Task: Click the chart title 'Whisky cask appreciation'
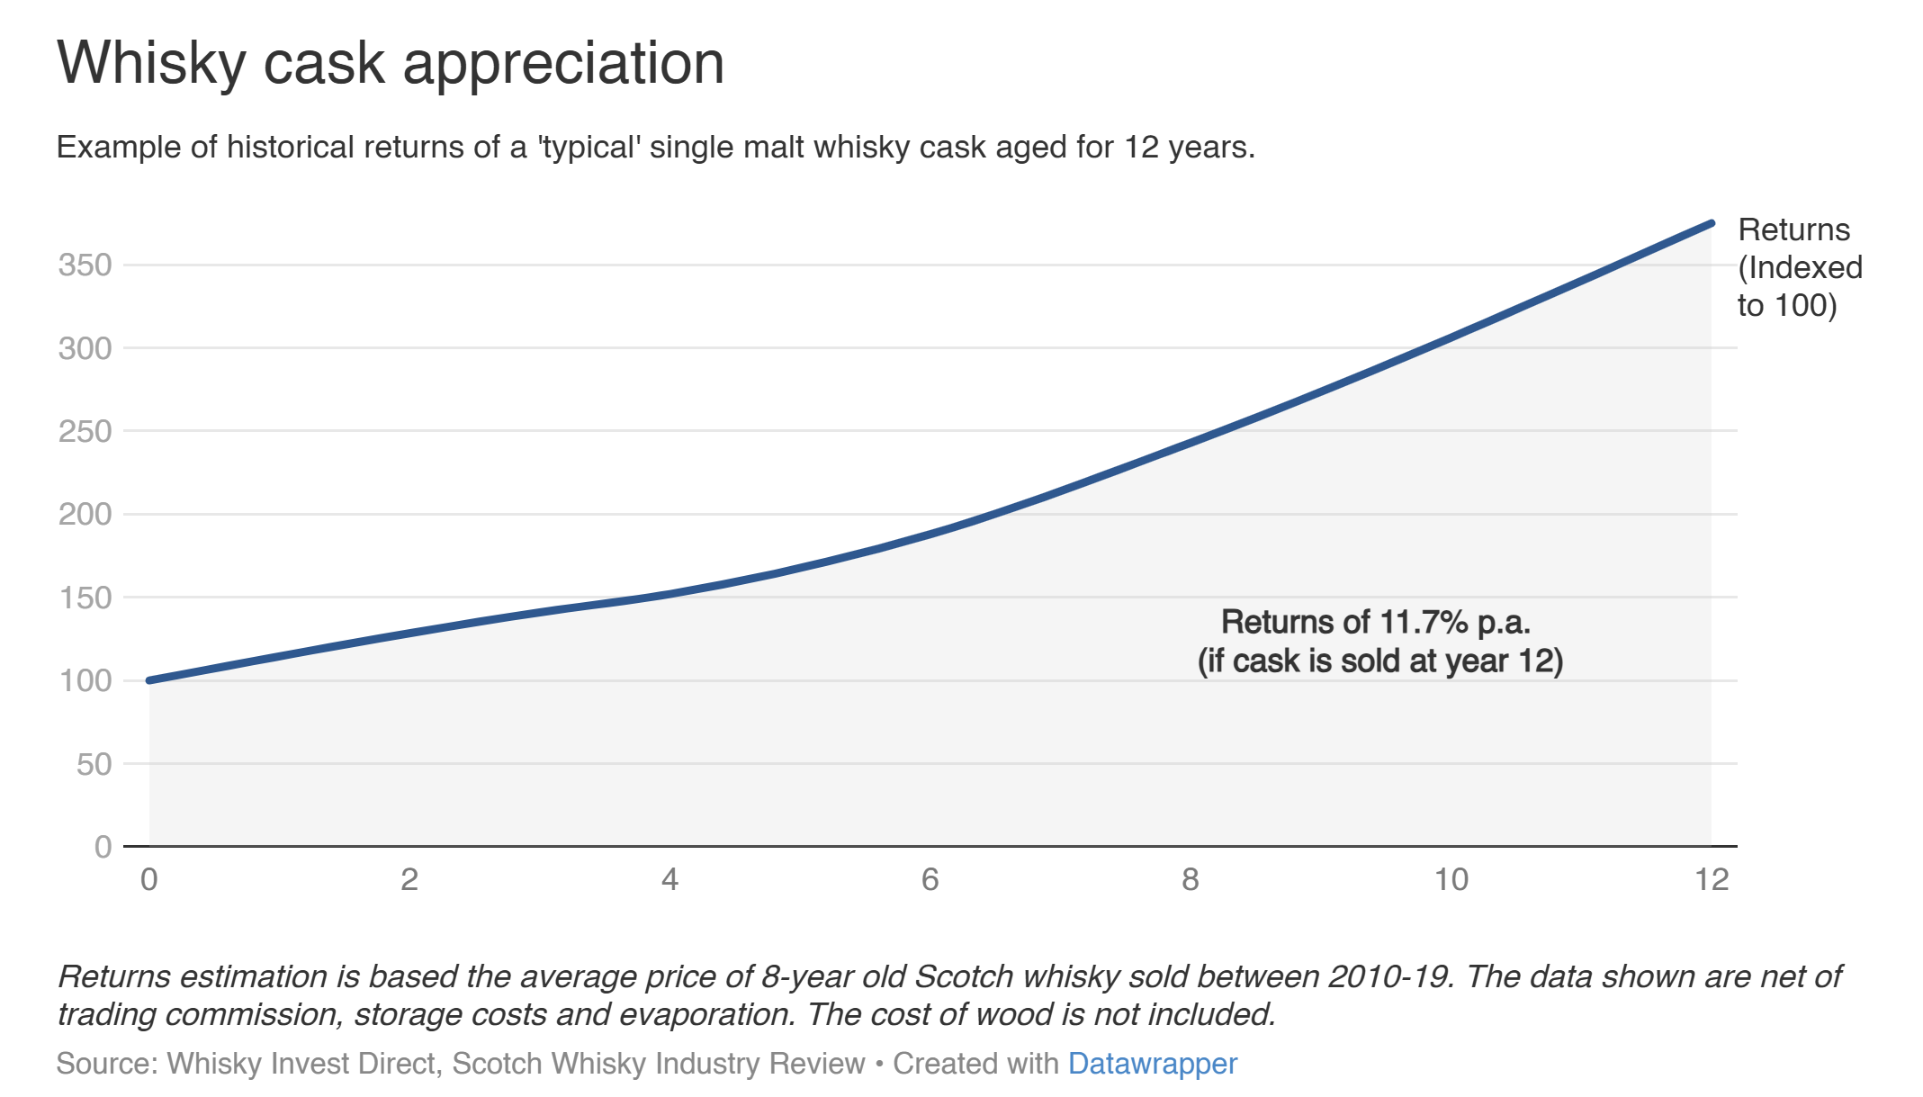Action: (391, 63)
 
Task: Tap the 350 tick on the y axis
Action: (85, 265)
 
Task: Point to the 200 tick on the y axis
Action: (85, 514)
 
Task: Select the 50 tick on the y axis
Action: (94, 764)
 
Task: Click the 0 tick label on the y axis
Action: (103, 847)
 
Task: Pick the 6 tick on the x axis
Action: (930, 879)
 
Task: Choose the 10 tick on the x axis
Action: (1451, 879)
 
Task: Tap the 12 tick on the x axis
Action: (1711, 879)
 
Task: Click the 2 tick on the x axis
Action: (409, 879)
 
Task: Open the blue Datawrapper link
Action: (1152, 1064)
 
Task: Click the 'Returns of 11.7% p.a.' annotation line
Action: (1376, 622)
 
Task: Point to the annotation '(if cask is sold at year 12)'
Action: (1379, 661)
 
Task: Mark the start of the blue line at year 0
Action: (149, 680)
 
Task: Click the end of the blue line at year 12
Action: (1711, 223)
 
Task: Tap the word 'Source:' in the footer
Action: (107, 1064)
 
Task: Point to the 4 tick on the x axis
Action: (669, 879)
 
